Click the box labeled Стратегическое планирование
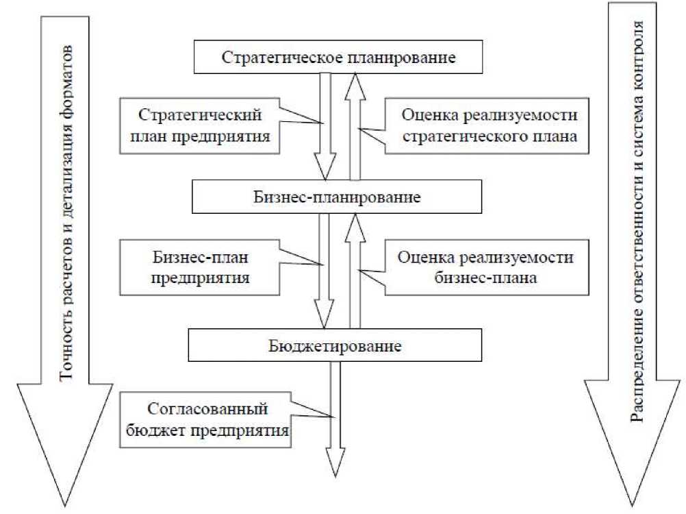tap(338, 56)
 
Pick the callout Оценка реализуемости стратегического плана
tap(488, 124)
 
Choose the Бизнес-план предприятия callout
tap(199, 269)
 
